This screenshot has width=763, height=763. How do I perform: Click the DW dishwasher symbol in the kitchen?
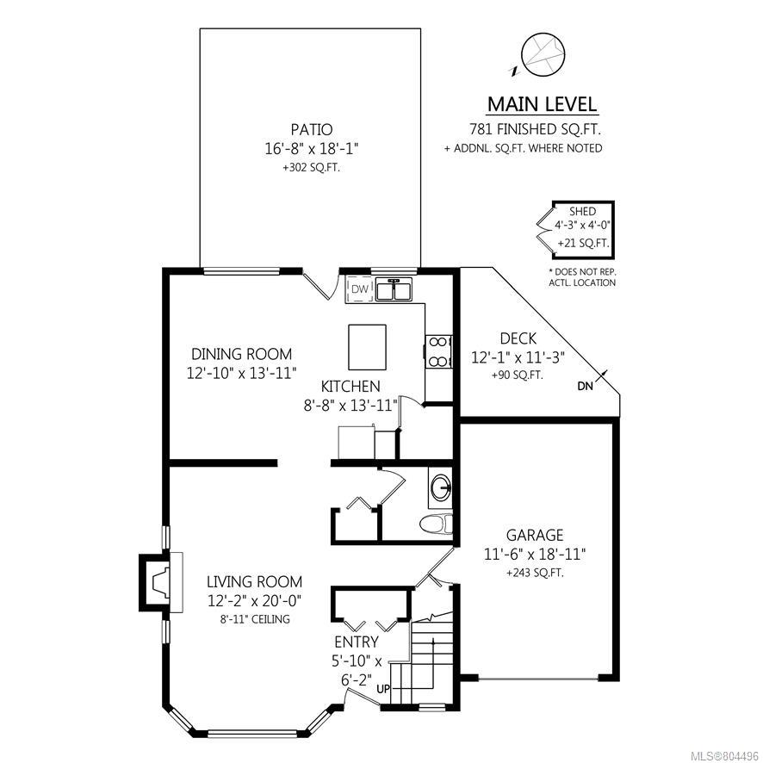click(x=360, y=289)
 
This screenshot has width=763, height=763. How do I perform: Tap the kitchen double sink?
click(x=394, y=289)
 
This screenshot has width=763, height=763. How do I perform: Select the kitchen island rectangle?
click(x=368, y=347)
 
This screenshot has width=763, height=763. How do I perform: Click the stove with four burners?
click(x=438, y=351)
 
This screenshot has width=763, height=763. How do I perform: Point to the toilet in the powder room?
click(x=436, y=524)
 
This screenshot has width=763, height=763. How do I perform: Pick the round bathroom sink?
click(x=442, y=486)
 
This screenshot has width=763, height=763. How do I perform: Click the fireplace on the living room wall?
click(x=161, y=582)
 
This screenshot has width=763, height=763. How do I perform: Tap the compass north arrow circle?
click(x=543, y=54)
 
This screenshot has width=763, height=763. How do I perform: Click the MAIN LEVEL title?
click(x=542, y=104)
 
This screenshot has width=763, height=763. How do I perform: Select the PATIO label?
click(x=312, y=130)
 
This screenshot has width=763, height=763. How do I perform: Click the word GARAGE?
click(x=535, y=536)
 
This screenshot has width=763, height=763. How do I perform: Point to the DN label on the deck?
click(x=586, y=387)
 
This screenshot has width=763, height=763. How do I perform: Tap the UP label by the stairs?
click(x=383, y=690)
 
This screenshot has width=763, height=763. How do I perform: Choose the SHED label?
click(x=582, y=212)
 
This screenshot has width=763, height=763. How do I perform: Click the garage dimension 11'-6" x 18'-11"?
click(x=535, y=555)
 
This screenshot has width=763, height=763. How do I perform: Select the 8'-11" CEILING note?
click(x=255, y=619)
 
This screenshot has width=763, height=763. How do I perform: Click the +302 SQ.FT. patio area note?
click(x=312, y=168)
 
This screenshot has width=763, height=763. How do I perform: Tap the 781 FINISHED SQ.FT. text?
click(x=535, y=129)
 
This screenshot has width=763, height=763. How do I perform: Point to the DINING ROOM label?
click(x=242, y=354)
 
